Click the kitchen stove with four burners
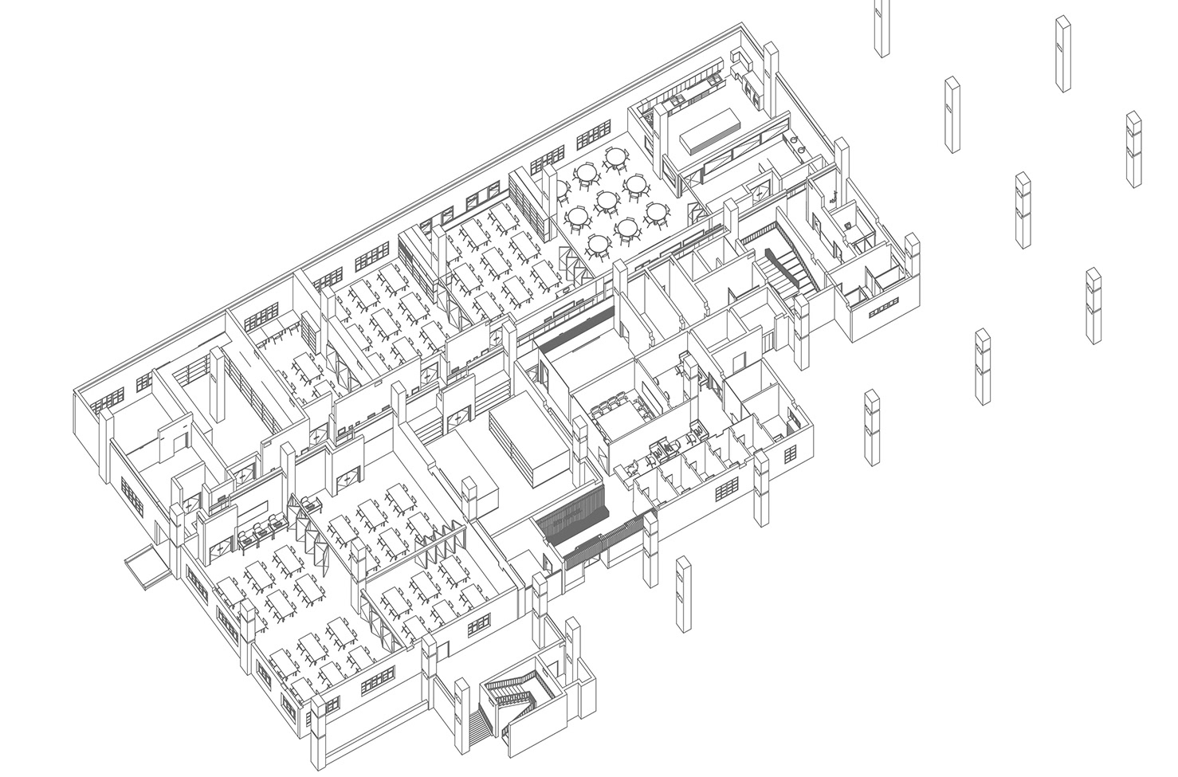point(685,99)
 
